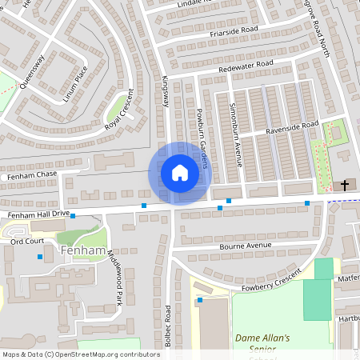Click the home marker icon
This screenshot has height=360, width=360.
pyautogui.click(x=179, y=173)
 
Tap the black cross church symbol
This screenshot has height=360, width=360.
pyautogui.click(x=345, y=185)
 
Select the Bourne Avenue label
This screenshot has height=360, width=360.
pyautogui.click(x=247, y=246)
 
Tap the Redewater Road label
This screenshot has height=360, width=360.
pyautogui.click(x=246, y=67)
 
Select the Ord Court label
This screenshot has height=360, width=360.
pyautogui.click(x=26, y=240)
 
